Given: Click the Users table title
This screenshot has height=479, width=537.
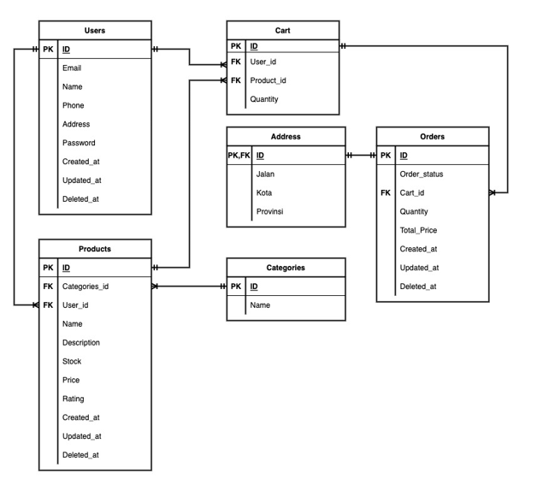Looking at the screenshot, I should (95, 31).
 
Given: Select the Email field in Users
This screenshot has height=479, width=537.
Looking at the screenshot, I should (72, 68).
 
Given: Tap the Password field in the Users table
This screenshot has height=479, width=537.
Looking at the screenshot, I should (79, 143).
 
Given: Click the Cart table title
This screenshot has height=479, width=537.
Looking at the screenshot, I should (282, 30).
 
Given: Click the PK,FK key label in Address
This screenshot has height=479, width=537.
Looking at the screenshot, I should (239, 155).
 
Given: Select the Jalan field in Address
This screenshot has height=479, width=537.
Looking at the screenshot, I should (265, 174).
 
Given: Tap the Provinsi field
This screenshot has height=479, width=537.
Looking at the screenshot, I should (269, 211).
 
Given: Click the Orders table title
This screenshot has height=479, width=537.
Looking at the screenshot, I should (433, 137).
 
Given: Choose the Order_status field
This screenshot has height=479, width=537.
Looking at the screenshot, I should (422, 174).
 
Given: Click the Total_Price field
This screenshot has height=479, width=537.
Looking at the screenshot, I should (418, 230).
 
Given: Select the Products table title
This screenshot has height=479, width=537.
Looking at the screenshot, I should (95, 249).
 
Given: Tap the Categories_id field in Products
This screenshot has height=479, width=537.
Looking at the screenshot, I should (86, 287).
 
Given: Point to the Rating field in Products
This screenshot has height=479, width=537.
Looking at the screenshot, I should (74, 399).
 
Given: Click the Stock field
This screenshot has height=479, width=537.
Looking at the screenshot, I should (72, 361).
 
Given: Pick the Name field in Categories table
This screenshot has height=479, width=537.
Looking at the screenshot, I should (261, 305).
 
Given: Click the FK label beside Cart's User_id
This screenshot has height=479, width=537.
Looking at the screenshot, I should (236, 62).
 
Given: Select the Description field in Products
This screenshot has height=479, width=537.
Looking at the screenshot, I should (81, 342).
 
